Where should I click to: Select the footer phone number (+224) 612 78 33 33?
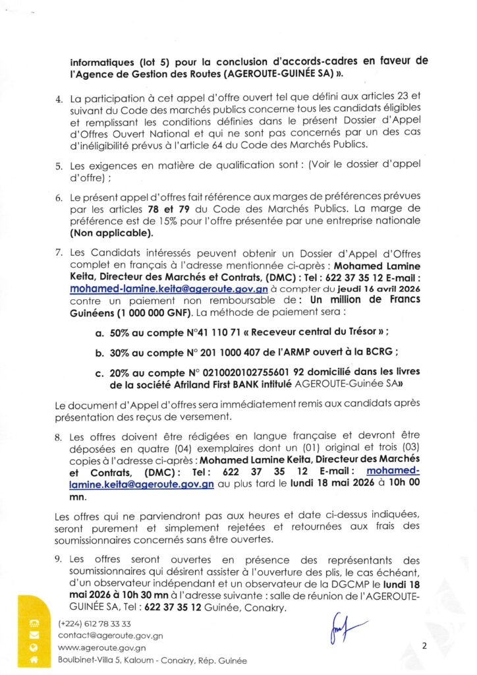tap(94, 624)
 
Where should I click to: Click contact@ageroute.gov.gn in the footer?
tap(110, 636)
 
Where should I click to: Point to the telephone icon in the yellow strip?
tap(35, 624)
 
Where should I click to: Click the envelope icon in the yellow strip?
tap(35, 635)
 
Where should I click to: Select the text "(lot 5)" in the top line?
tap(140, 61)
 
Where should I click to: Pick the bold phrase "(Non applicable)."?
tap(111, 232)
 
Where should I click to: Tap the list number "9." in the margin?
tap(59, 560)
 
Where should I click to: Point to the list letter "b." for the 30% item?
tap(99, 353)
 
